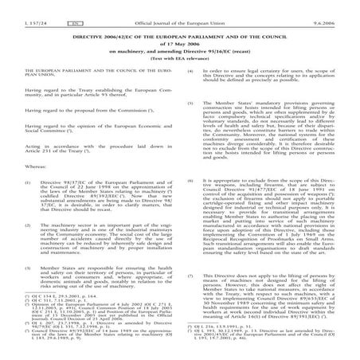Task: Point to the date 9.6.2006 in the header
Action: pos(337,10)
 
